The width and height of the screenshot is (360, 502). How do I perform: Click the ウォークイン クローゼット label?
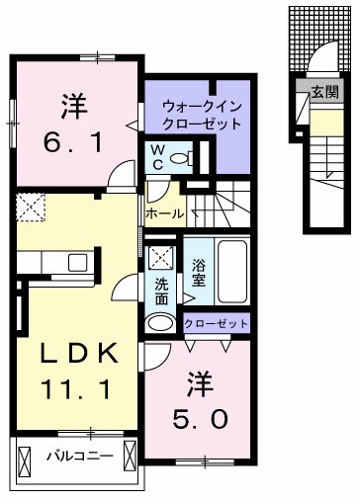click(x=202, y=115)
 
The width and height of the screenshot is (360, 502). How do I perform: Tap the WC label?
click(x=157, y=156)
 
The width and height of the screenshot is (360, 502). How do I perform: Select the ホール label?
click(x=164, y=212)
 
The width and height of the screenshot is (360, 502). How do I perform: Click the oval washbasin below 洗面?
click(x=160, y=322)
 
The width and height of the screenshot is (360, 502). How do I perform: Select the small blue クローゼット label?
click(x=217, y=322)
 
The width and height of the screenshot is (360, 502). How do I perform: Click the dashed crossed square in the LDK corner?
click(x=30, y=207)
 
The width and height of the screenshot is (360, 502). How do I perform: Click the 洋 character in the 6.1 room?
click(x=71, y=102)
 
